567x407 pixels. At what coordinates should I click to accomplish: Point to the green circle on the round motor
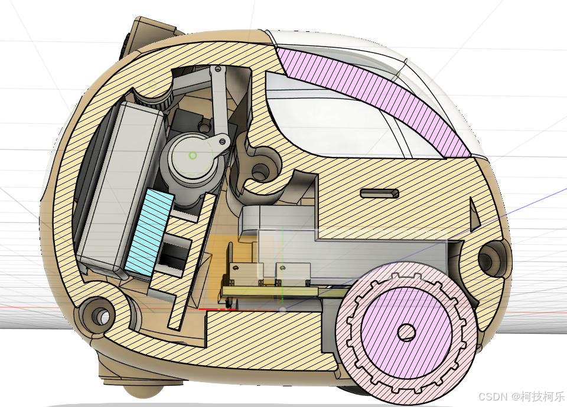193,155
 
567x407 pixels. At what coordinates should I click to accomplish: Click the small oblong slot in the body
379,193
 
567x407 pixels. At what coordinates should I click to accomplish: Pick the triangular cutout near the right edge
474,214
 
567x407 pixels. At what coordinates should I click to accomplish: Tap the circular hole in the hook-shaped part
260,172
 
